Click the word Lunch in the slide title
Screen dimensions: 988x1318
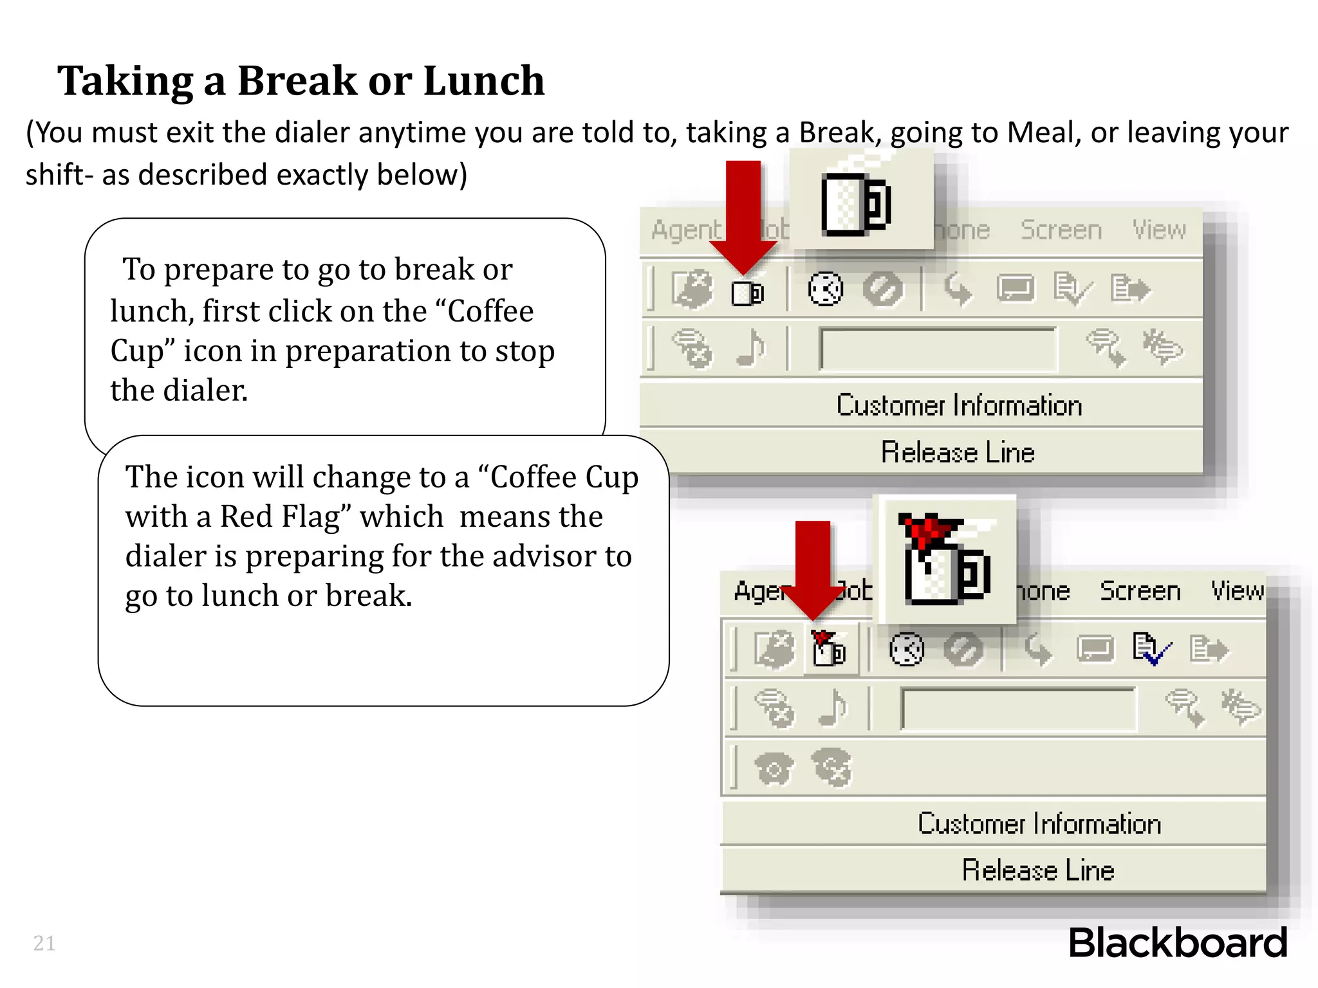coord(483,81)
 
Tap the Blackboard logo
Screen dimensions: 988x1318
coord(1177,943)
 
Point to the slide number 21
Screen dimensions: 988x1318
coord(44,943)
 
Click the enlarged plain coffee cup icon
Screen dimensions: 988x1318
coord(856,205)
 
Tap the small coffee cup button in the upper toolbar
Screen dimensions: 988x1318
coord(747,293)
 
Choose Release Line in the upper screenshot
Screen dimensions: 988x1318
coord(957,452)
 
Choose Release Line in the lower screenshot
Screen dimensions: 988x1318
coord(1037,870)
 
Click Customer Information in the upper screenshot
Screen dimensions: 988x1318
coord(959,406)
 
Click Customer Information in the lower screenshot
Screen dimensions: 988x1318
coord(1039,824)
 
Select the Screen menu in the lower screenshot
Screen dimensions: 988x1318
coord(1140,591)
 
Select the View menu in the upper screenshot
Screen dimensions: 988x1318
coord(1158,230)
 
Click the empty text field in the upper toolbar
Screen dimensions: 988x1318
coord(938,349)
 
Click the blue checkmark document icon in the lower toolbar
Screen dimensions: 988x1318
coord(1151,649)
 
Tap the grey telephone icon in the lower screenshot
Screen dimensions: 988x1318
coord(773,768)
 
